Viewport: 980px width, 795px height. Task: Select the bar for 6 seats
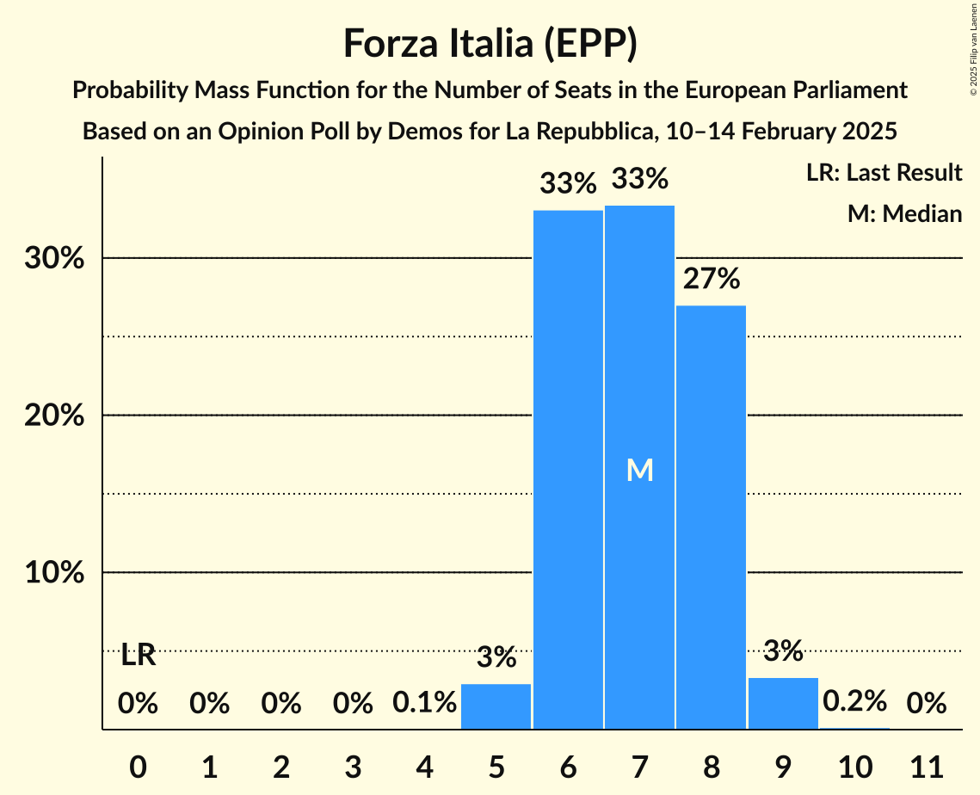tap(568, 469)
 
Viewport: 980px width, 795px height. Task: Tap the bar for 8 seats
tap(711, 516)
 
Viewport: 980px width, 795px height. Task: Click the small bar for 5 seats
tap(496, 706)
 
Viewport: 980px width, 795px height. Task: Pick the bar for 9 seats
tap(783, 704)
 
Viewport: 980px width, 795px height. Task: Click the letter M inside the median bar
tap(639, 470)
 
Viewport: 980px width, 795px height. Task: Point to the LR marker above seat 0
tap(138, 656)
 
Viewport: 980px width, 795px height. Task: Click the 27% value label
tap(711, 279)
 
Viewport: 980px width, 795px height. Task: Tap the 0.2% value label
tap(854, 701)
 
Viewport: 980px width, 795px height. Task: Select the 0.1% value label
tap(424, 703)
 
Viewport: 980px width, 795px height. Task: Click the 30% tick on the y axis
tap(54, 258)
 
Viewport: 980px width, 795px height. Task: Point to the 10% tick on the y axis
tap(54, 573)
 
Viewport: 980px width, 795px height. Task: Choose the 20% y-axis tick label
tap(54, 416)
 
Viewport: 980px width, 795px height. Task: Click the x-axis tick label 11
tap(926, 765)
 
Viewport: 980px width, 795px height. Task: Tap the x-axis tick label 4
tap(424, 765)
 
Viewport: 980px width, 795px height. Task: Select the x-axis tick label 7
tap(639, 765)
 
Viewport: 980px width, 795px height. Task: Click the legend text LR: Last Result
tap(884, 173)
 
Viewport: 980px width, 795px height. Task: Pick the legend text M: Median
tap(904, 214)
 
